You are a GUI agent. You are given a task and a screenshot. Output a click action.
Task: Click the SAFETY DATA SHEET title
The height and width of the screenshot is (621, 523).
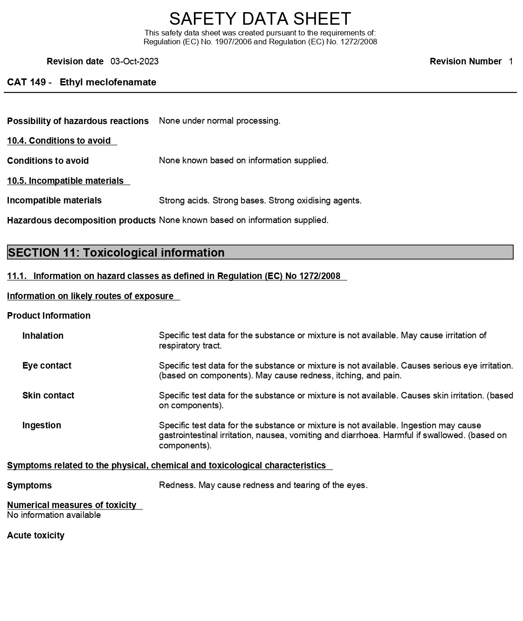[260, 19]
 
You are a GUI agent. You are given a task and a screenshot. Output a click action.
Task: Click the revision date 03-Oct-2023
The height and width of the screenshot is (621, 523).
[134, 62]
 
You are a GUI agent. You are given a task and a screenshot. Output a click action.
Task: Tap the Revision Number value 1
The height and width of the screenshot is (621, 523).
[510, 62]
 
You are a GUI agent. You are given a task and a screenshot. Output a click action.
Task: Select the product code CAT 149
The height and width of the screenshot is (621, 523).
[26, 83]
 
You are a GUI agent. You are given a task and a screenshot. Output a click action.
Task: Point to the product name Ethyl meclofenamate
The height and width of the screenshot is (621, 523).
[108, 83]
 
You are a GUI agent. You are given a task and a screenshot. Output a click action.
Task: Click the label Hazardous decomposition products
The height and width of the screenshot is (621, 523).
[81, 220]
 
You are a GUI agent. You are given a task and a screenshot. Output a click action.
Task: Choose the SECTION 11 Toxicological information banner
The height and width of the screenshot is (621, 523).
[260, 252]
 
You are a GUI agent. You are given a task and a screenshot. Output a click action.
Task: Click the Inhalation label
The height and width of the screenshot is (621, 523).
[43, 336]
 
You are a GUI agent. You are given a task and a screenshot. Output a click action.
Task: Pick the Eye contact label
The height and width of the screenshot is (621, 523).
[47, 366]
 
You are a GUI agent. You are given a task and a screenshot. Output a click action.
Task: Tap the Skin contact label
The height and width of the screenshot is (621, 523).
[48, 396]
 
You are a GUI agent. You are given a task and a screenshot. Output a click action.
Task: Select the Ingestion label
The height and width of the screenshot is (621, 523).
[41, 426]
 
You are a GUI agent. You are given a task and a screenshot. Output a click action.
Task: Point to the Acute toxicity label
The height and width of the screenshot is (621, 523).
[35, 536]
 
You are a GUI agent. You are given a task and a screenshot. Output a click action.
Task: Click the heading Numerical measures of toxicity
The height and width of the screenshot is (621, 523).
[71, 505]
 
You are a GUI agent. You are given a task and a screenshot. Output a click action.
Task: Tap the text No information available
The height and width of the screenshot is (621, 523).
[54, 515]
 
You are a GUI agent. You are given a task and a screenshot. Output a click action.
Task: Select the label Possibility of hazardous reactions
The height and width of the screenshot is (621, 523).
[78, 121]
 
